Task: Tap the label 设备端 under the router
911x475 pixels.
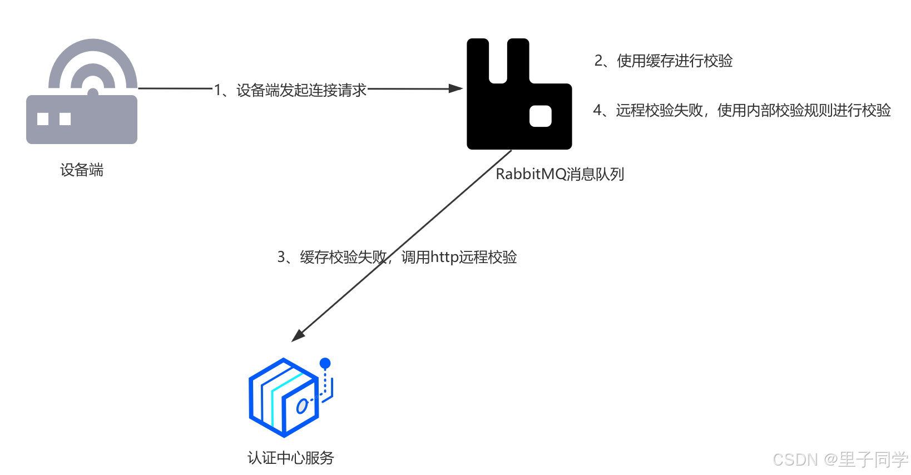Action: (82, 170)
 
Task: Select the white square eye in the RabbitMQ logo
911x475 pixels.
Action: (540, 116)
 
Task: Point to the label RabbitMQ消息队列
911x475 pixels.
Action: (560, 174)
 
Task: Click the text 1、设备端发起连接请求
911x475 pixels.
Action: (290, 90)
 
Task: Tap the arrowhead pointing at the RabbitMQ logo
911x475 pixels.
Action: (457, 88)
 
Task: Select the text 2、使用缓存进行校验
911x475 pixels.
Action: (664, 61)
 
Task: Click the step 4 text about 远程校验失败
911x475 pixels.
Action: (742, 110)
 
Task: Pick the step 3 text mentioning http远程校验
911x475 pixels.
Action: (397, 257)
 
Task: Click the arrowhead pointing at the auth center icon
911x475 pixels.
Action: (299, 335)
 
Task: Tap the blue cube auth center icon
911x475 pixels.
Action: (285, 397)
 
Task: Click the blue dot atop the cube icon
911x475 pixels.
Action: (325, 363)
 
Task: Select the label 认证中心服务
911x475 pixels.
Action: (290, 458)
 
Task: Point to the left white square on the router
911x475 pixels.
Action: (43, 118)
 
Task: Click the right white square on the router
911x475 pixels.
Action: (65, 118)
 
